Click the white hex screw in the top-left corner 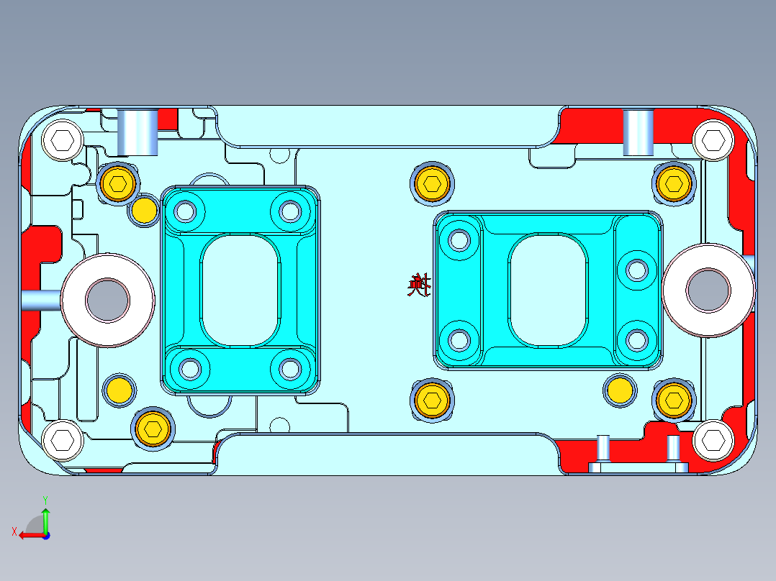(63, 139)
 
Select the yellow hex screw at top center (433, 184)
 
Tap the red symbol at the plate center (418, 286)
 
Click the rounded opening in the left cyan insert (240, 290)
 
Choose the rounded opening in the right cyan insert (547, 289)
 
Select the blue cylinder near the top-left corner (139, 132)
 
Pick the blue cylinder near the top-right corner (638, 132)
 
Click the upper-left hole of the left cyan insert (185, 211)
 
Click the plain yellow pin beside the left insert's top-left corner (143, 210)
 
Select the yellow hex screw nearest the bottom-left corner (153, 428)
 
